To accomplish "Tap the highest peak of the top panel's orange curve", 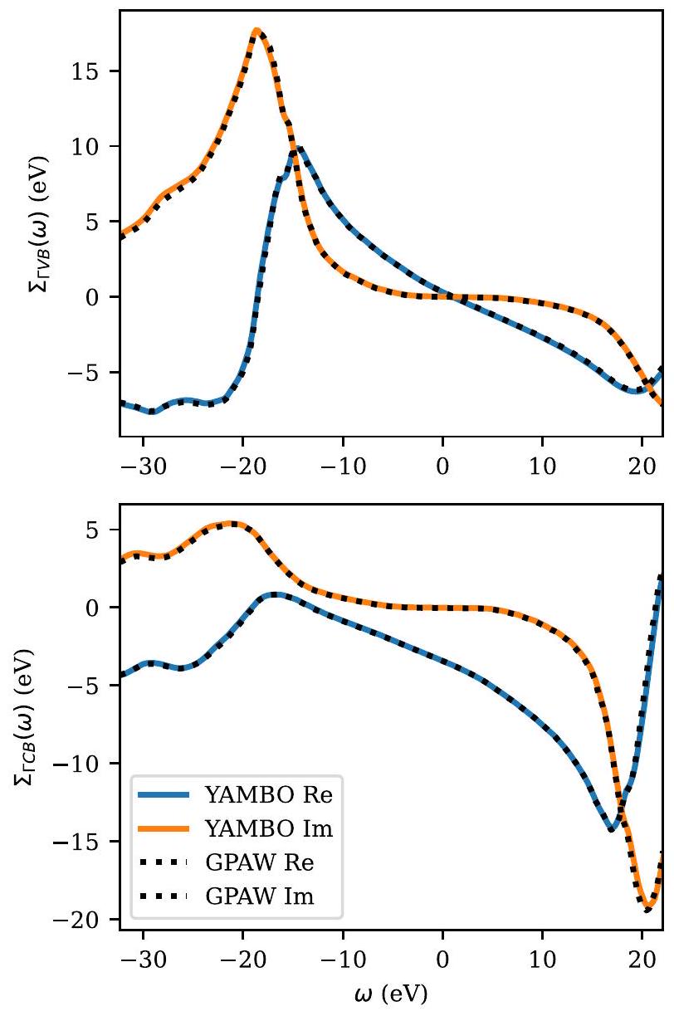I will pos(257,31).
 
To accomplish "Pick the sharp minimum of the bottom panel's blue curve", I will pos(612,828).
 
